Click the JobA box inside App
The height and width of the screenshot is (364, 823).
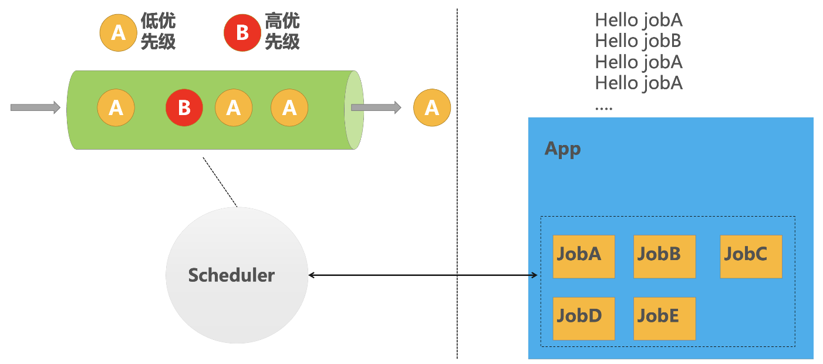click(583, 257)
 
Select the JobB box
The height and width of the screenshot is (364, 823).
click(664, 257)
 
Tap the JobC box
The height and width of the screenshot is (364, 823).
click(751, 257)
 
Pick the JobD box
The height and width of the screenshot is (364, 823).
click(583, 318)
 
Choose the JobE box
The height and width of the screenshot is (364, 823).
click(664, 318)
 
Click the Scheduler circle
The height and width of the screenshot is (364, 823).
click(237, 275)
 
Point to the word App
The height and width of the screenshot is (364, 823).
click(562, 148)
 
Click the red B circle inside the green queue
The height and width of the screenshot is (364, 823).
click(184, 108)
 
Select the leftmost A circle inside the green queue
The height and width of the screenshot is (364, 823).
click(116, 108)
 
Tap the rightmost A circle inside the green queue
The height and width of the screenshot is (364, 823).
click(289, 108)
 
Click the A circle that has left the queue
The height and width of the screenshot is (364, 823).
click(431, 108)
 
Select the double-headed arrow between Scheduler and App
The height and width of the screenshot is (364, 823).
click(423, 275)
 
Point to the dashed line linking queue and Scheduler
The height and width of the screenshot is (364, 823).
click(220, 181)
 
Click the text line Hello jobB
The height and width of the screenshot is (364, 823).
click(638, 41)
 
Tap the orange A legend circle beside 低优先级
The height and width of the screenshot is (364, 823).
click(118, 32)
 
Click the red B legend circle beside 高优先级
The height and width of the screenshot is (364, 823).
click(242, 32)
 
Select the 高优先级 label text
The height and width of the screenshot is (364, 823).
click(282, 32)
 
